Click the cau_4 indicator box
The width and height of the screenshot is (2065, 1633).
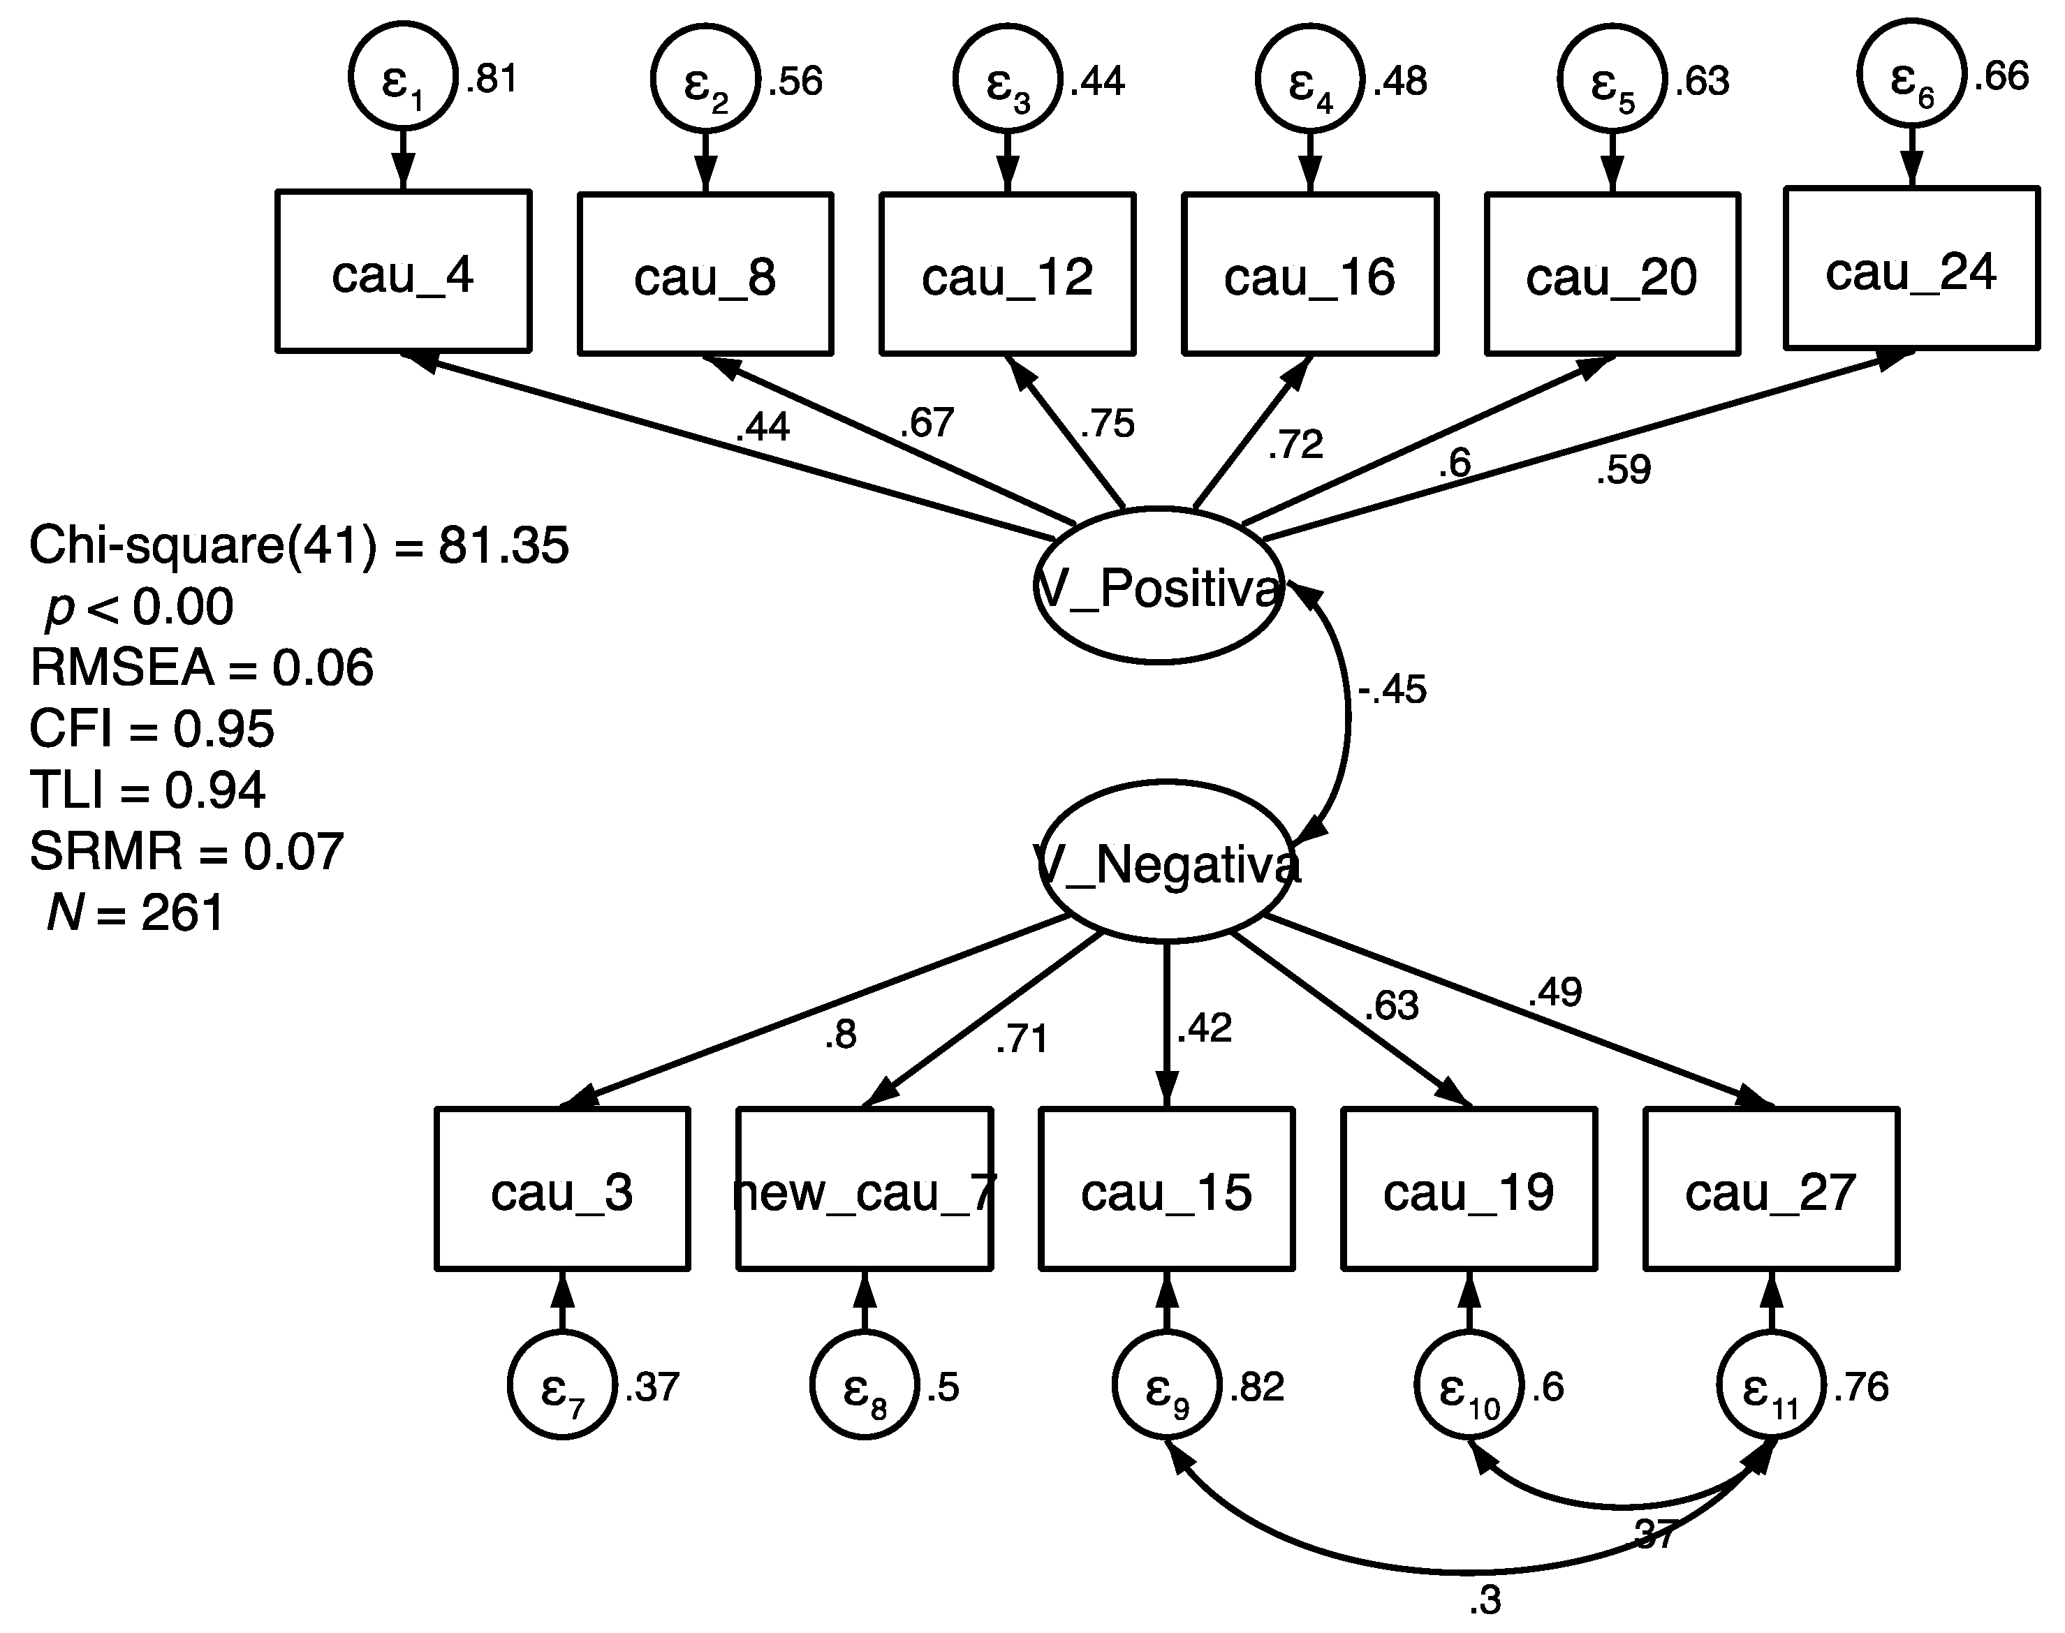403,272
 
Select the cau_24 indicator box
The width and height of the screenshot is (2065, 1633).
1911,269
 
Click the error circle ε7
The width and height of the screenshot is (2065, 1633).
561,1385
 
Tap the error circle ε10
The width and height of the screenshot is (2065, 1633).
1468,1385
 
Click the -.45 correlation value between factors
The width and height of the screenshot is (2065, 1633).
1392,689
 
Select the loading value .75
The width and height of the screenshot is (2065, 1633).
1108,424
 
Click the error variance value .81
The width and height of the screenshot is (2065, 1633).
492,78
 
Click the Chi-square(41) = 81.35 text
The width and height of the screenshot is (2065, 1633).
298,546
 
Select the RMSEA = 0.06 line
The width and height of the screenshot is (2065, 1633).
201,667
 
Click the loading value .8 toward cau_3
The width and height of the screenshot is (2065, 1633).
841,1035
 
